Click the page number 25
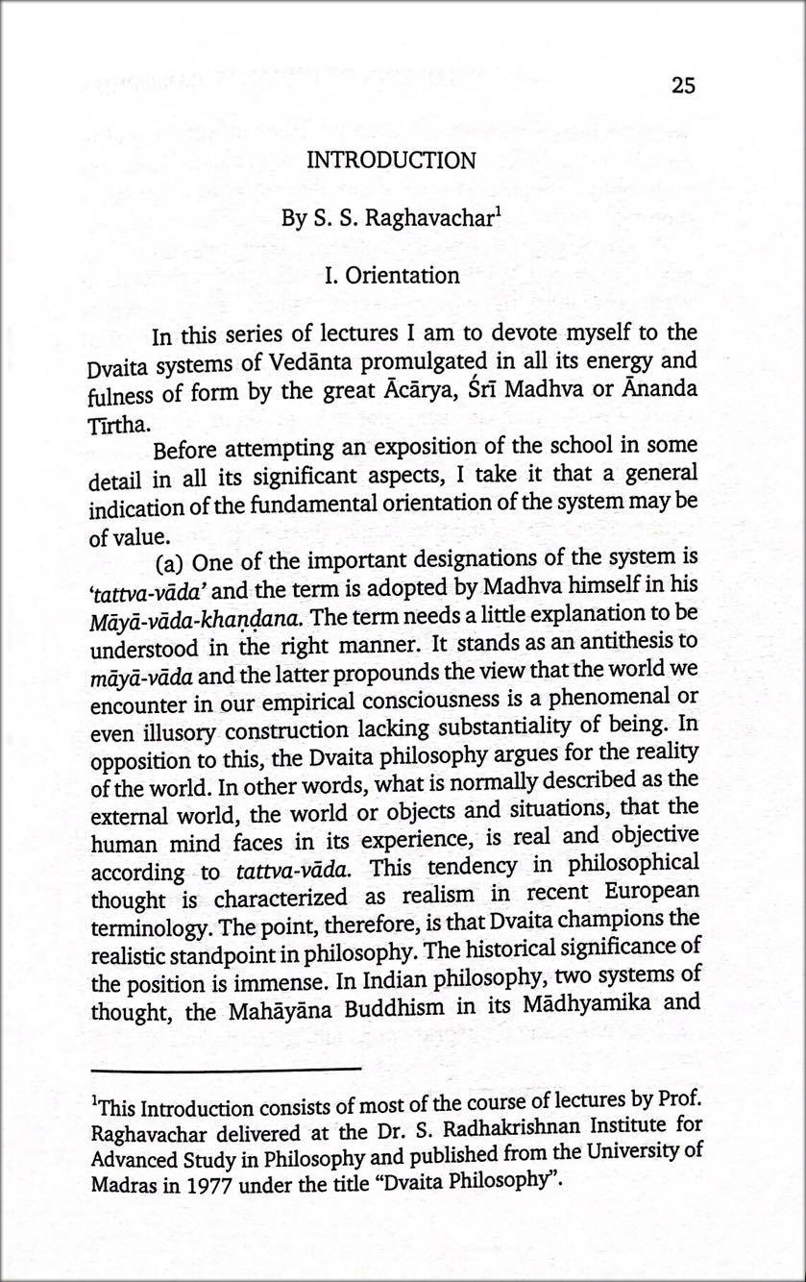point(683,86)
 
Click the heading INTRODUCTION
point(390,160)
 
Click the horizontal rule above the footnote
point(226,1069)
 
